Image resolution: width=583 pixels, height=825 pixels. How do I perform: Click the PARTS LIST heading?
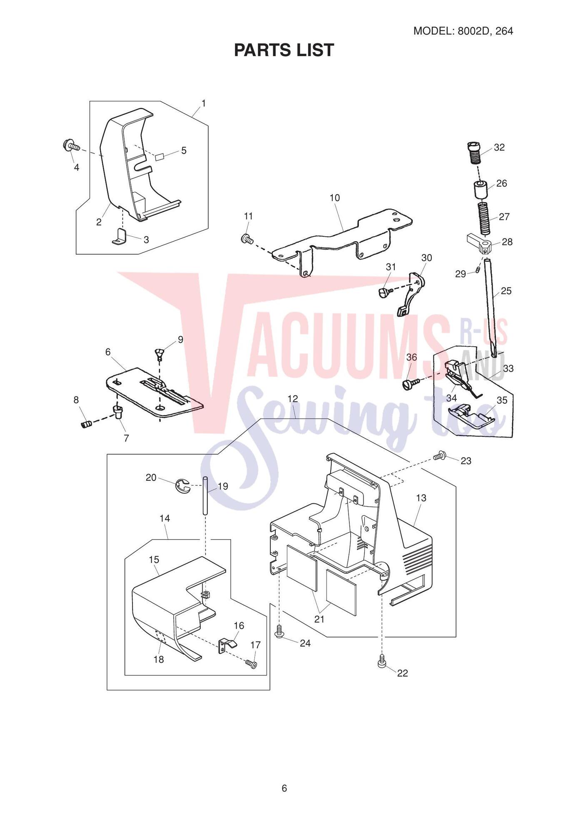(x=284, y=50)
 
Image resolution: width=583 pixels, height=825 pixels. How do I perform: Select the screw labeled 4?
(x=71, y=146)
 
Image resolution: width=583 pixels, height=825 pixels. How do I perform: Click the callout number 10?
(x=335, y=198)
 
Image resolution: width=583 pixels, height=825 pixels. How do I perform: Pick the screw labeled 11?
(x=247, y=239)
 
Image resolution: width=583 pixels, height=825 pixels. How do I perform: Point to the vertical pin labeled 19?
(x=205, y=496)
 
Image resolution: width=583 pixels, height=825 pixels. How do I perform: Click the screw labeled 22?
(x=382, y=661)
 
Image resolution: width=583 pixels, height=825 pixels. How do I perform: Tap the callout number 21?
(x=319, y=619)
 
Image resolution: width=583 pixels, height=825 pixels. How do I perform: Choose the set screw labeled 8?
(x=86, y=424)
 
